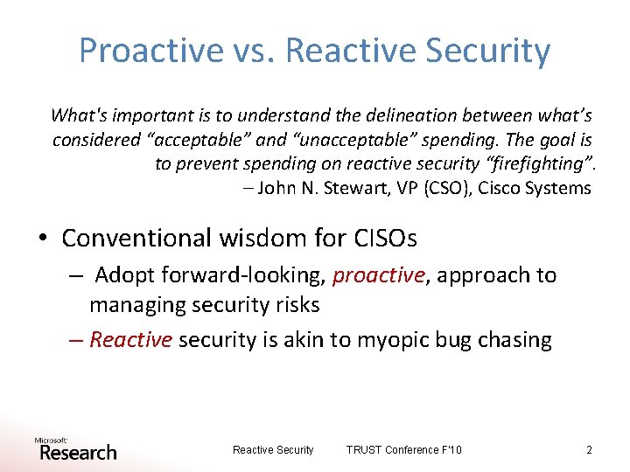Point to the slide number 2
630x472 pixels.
click(589, 449)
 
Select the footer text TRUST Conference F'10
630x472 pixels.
click(403, 449)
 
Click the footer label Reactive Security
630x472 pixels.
click(273, 449)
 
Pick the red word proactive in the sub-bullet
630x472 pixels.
click(378, 275)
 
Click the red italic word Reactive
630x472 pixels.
click(130, 340)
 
